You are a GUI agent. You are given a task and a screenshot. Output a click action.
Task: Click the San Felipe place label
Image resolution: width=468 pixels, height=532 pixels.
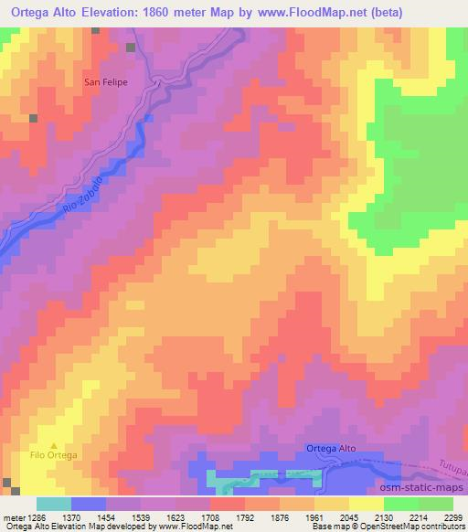106,82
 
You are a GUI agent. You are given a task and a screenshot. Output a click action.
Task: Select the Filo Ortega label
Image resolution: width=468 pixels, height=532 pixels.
54,455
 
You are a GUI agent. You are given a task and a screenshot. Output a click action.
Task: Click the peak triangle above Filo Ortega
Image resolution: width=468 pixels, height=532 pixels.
53,445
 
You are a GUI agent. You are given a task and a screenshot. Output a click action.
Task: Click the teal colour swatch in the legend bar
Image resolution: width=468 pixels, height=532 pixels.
54,504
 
